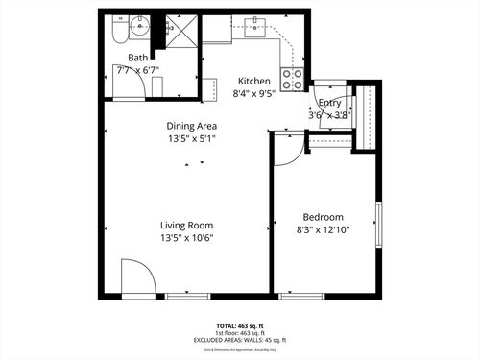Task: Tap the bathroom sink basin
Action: (140, 26)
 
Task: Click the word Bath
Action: (125, 58)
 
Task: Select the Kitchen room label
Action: (254, 81)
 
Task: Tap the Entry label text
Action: (329, 103)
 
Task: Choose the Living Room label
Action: (186, 225)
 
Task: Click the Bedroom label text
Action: (323, 217)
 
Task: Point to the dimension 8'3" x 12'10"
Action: (323, 230)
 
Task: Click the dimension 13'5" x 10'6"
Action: (186, 238)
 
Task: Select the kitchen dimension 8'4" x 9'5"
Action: (254, 94)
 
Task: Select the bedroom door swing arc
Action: (288, 150)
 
